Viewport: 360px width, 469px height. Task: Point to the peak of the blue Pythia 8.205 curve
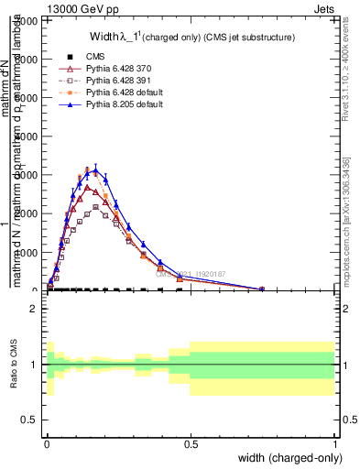[94, 169]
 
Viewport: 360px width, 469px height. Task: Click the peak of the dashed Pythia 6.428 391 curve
[95, 207]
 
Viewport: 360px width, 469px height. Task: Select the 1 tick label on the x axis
[334, 442]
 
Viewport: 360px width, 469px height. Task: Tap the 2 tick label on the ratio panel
[34, 309]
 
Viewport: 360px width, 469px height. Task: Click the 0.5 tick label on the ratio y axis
[30, 420]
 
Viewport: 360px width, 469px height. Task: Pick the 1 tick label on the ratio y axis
[34, 365]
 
